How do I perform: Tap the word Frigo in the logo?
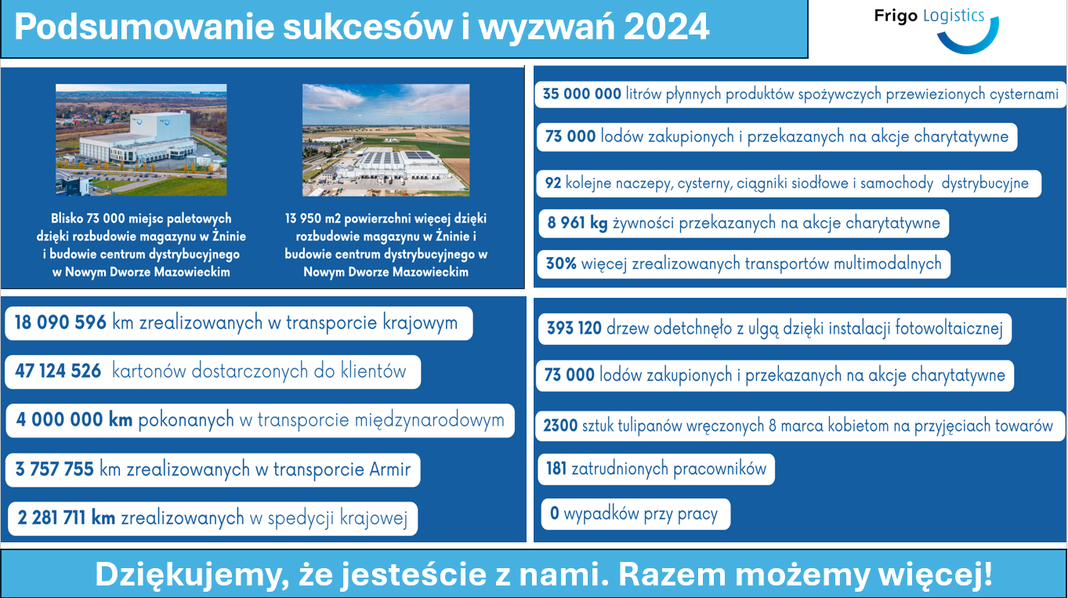[896, 16]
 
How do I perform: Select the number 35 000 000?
[581, 94]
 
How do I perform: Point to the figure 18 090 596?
[60, 323]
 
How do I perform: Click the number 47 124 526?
[58, 371]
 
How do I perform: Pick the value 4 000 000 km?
[74, 420]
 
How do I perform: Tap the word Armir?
[389, 469]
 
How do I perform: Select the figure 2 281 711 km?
[67, 518]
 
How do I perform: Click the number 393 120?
[574, 328]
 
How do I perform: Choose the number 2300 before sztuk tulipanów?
[560, 426]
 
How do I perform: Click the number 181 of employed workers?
[556, 469]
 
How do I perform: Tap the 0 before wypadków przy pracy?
[555, 513]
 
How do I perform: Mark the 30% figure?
[561, 263]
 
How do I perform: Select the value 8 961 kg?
[577, 223]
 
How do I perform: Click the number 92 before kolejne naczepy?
[553, 183]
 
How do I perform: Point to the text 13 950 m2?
[313, 219]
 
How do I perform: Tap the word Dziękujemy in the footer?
[192, 575]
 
